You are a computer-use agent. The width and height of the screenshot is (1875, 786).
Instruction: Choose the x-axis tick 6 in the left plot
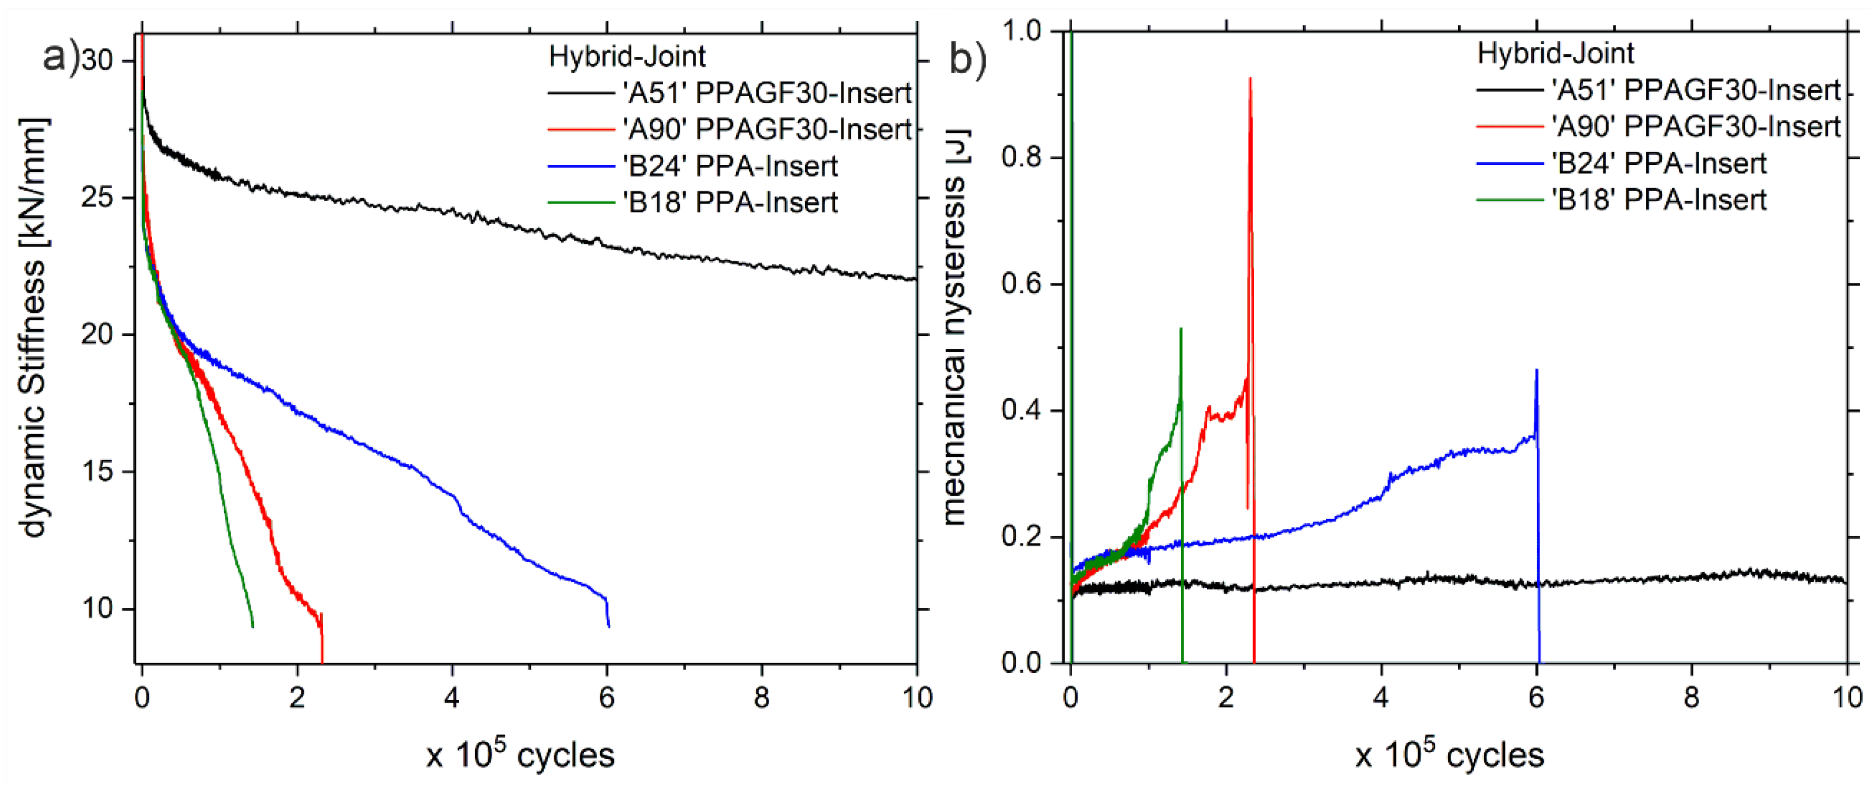(607, 698)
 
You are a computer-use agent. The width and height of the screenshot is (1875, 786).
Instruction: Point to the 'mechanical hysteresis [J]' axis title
(955, 328)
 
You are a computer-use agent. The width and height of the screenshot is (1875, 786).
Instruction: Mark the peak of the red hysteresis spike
(1250, 78)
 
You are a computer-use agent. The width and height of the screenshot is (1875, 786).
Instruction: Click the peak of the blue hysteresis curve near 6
(1536, 371)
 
